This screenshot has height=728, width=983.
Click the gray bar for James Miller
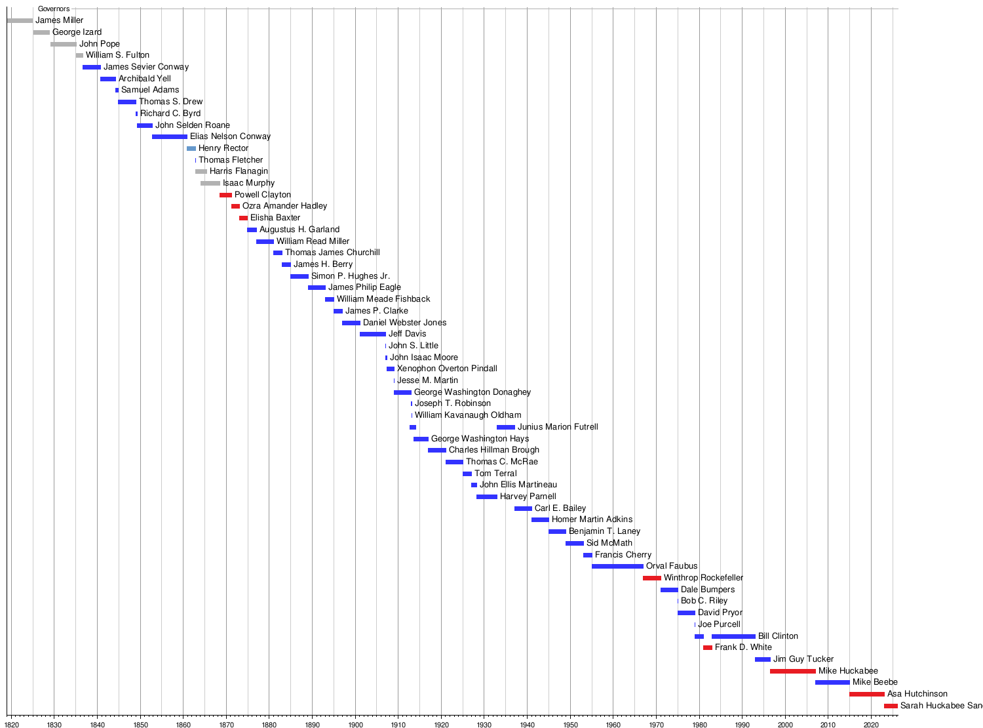(x=20, y=20)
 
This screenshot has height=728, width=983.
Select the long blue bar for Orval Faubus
(x=617, y=566)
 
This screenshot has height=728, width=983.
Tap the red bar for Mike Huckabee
(x=793, y=671)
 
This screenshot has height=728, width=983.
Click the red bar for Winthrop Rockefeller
(x=652, y=578)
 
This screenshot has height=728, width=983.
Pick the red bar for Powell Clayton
(x=225, y=195)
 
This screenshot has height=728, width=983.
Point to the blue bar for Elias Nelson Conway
(x=170, y=136)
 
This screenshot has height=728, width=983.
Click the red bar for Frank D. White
(x=708, y=647)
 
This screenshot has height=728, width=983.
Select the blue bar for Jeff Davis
(x=373, y=334)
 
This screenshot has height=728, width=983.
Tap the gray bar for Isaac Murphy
(x=210, y=183)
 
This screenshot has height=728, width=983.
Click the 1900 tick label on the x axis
(x=355, y=725)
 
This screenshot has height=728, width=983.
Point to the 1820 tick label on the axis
(x=11, y=725)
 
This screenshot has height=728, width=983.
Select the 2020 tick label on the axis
(x=871, y=725)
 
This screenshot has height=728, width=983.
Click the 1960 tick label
(x=613, y=725)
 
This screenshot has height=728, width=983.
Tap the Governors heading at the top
(x=54, y=9)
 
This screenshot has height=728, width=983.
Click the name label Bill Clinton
(x=778, y=636)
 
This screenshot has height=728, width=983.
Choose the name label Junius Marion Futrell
(x=558, y=427)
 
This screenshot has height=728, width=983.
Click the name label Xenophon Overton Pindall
(x=447, y=369)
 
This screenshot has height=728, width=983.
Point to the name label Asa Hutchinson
(x=917, y=694)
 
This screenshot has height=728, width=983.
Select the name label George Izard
(x=77, y=32)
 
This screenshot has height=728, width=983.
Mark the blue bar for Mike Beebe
(x=832, y=682)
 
